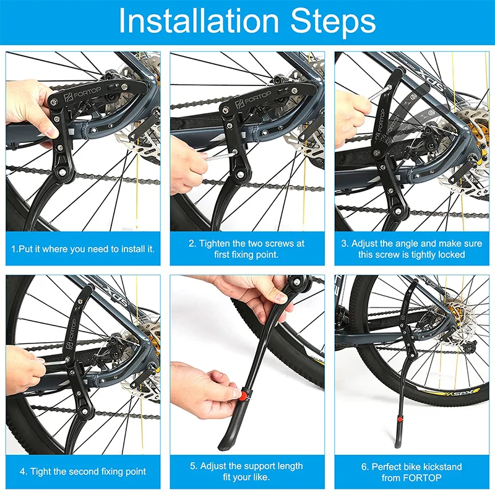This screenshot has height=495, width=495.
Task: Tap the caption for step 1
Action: [x=83, y=249]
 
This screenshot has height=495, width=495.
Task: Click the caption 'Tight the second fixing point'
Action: [x=83, y=471]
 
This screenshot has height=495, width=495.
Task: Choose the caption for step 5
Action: [x=247, y=471]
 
